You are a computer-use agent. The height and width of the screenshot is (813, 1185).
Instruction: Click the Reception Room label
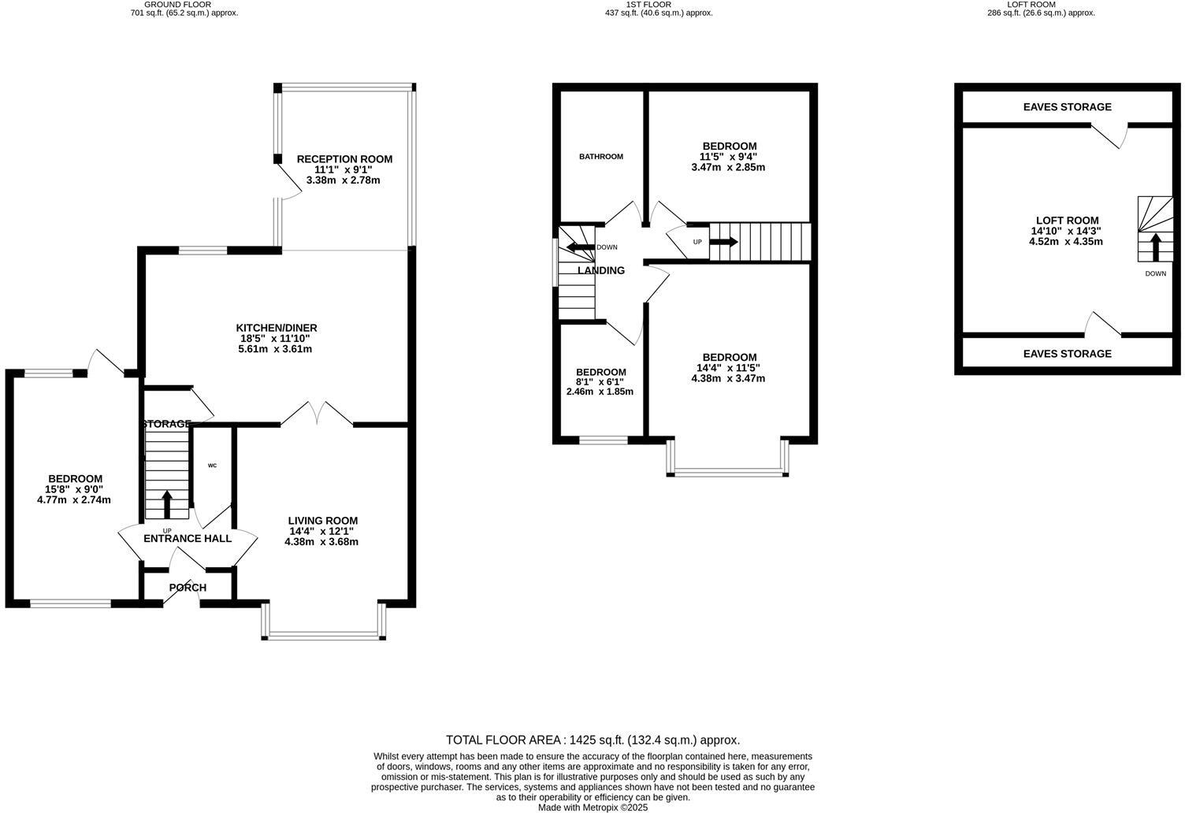344,159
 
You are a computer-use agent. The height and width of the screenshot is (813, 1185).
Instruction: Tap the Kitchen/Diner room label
277,328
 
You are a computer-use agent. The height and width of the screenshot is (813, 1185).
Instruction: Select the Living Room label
322,521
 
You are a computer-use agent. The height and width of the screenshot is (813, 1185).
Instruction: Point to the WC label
212,466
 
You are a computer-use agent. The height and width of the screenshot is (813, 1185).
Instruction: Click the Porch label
188,588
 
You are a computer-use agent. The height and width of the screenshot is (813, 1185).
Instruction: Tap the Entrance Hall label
188,539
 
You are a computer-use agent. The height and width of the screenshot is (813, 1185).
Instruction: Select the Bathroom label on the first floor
601,157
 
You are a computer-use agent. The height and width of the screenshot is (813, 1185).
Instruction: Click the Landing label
601,270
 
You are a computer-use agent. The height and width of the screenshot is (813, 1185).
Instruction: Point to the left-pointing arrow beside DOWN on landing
580,247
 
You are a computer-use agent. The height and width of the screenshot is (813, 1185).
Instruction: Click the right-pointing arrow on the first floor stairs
724,242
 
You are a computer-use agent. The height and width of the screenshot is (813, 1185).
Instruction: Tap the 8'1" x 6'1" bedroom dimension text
600,382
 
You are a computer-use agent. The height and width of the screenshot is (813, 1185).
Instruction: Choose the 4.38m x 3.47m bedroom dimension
728,378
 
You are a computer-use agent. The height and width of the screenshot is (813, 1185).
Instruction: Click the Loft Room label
1067,221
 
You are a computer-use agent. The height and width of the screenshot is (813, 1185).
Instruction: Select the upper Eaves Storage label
1067,107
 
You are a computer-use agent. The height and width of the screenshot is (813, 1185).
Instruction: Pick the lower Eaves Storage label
1067,354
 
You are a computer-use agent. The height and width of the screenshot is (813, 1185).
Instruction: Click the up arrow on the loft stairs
1156,247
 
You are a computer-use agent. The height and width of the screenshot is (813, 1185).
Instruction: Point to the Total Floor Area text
592,741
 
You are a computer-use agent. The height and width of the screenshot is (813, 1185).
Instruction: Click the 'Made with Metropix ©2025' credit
592,807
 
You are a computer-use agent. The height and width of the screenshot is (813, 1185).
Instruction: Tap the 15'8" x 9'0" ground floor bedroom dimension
75,489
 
